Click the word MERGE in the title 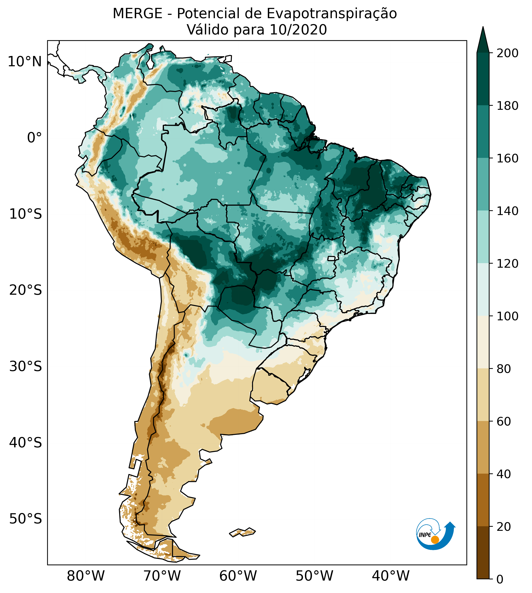coord(137,14)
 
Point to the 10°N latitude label coord(25,62)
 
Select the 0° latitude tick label coord(34,138)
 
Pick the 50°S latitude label coord(26,519)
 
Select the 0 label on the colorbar coord(500,579)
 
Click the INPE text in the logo coord(425,535)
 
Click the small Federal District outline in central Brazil coord(331,259)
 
